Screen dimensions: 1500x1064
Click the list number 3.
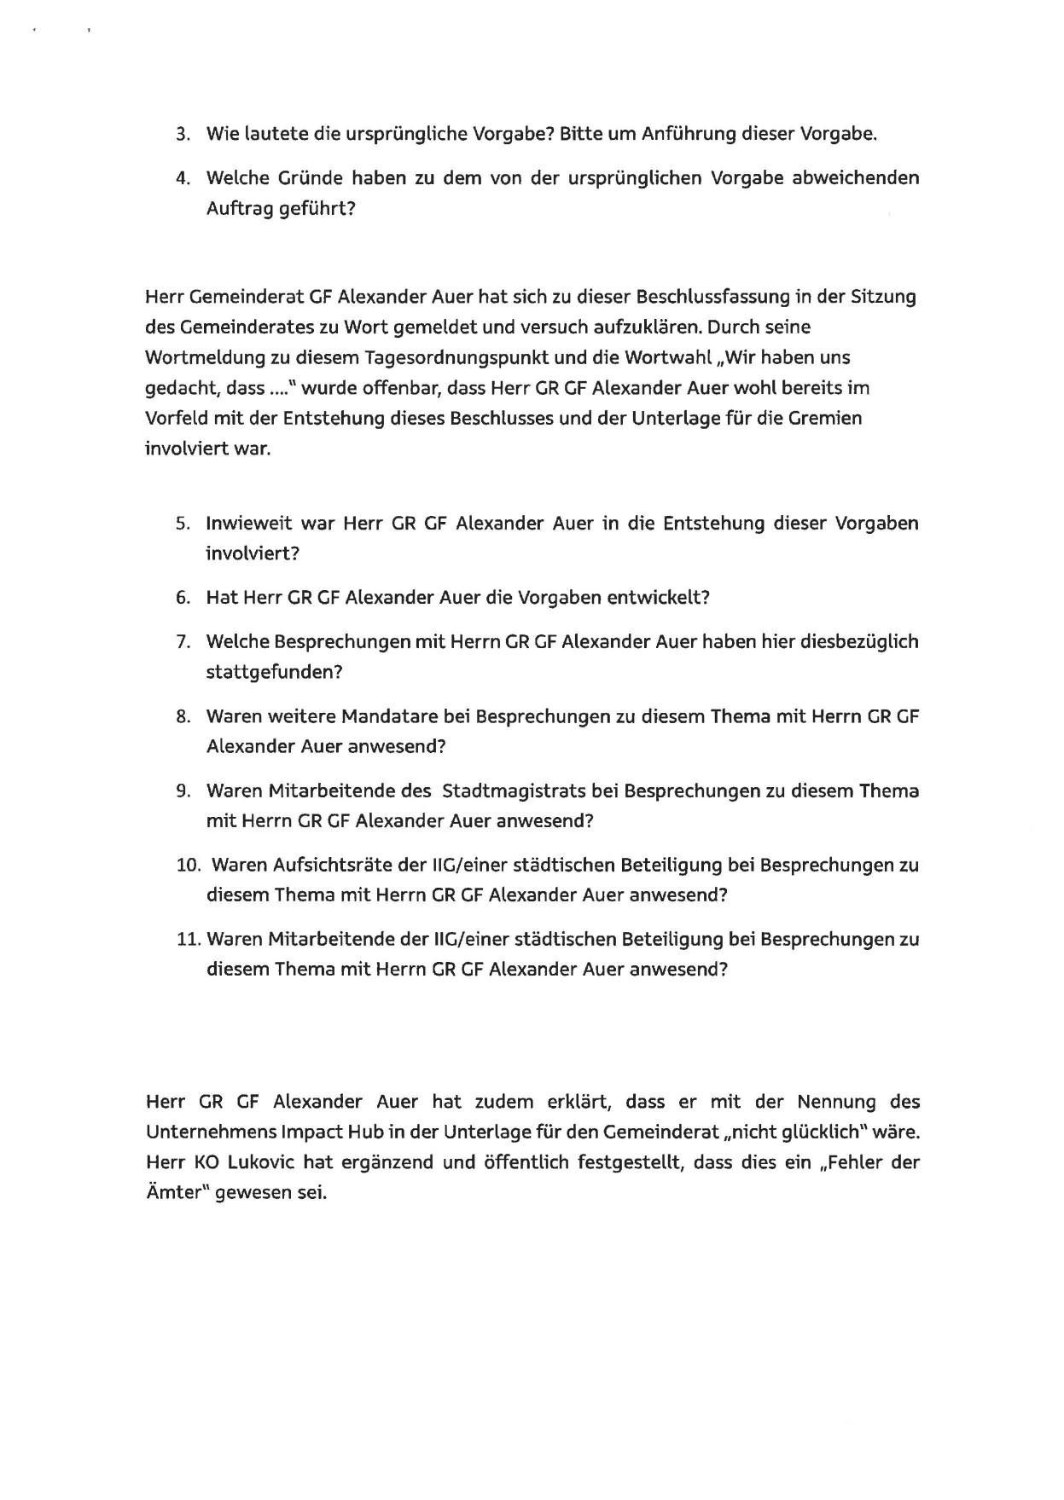[182, 135]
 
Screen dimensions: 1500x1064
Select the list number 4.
[182, 179]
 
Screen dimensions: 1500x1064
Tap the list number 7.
[183, 642]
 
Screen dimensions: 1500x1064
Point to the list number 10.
[187, 866]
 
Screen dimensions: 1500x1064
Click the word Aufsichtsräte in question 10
[333, 866]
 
